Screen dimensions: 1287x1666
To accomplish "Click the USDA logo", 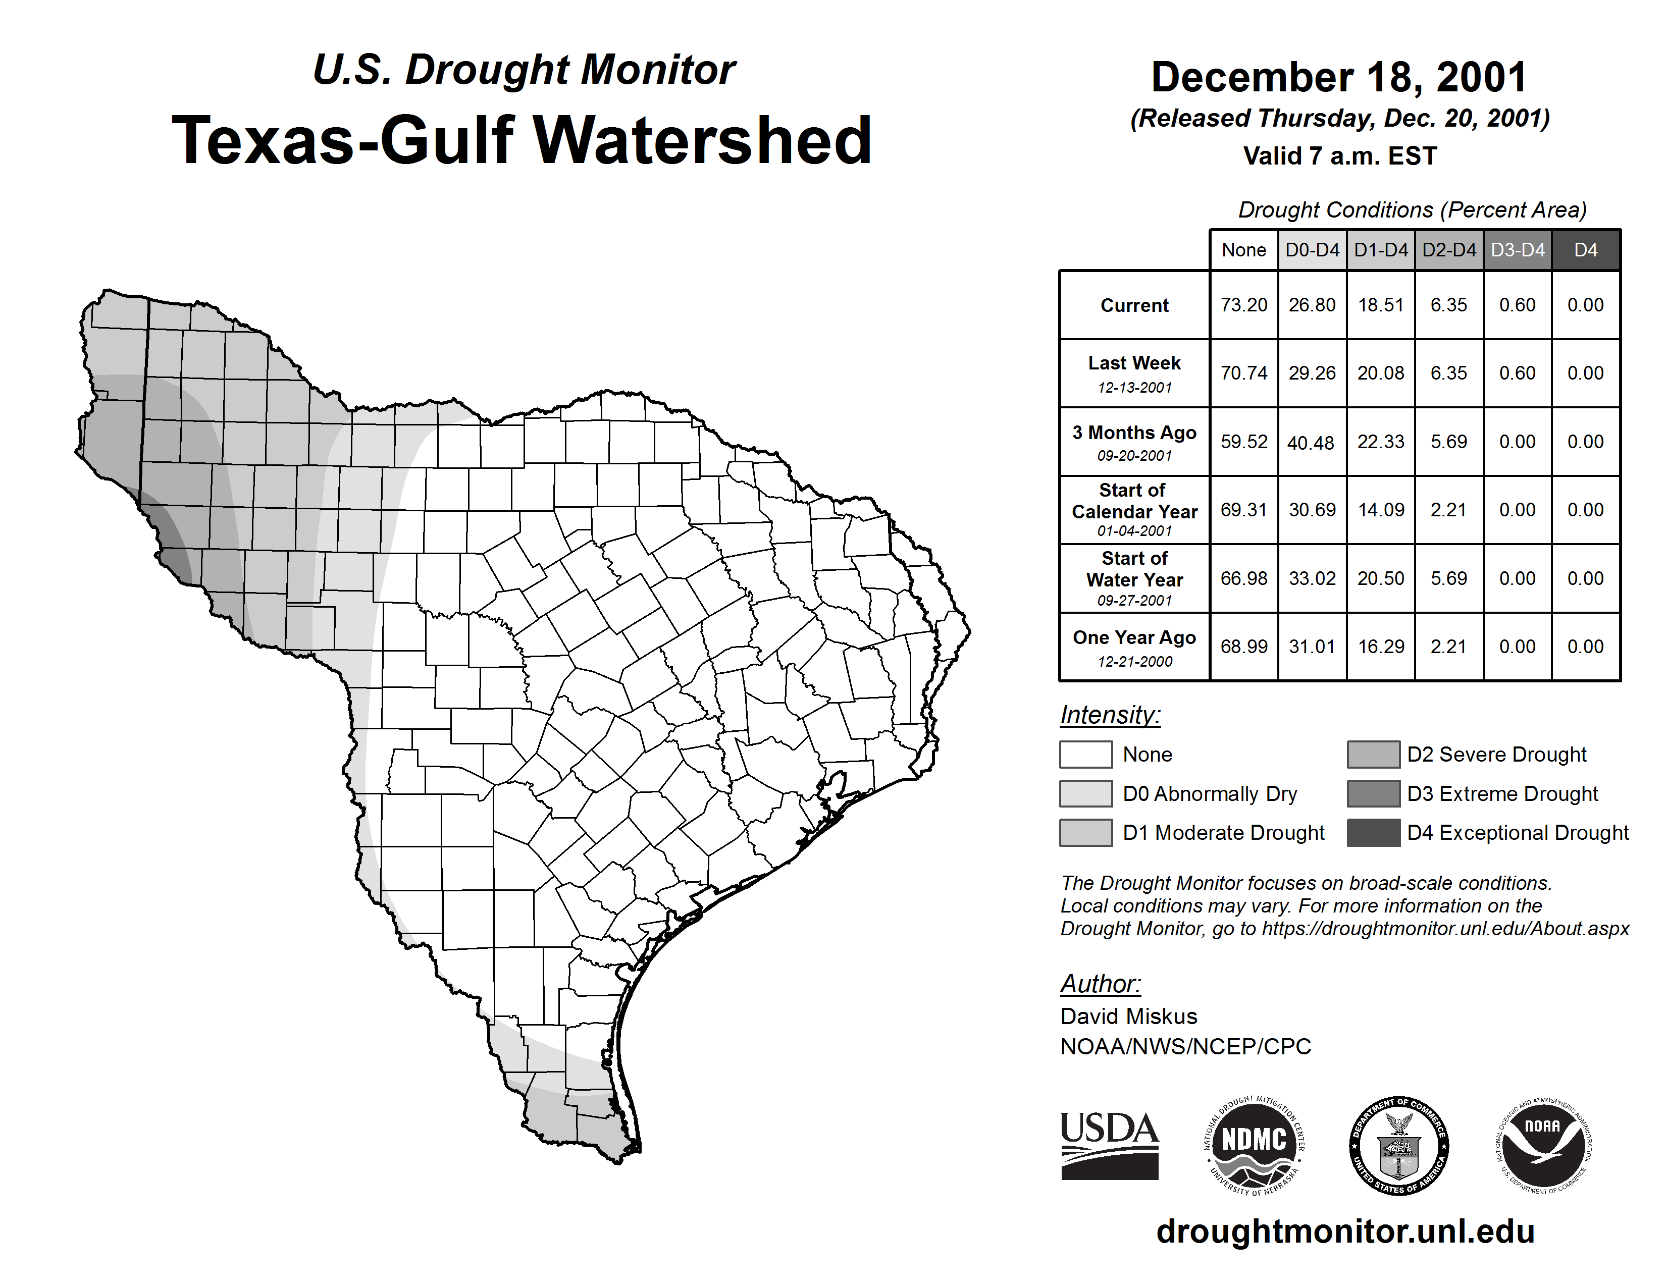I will [x=1109, y=1145].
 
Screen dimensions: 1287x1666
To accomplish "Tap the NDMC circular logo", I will [x=1254, y=1145].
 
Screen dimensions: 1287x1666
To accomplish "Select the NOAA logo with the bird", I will [x=1542, y=1145].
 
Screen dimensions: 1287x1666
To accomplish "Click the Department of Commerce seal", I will [x=1398, y=1145].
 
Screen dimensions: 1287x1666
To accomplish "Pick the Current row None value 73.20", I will [x=1243, y=305].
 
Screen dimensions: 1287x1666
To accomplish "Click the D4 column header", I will [x=1585, y=250].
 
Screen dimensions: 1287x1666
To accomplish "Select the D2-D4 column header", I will [x=1448, y=250].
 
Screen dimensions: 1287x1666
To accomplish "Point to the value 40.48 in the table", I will [x=1311, y=442].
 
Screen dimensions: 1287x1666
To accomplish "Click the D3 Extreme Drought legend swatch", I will [x=1373, y=793].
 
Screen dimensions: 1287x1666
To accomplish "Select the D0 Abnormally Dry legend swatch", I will [x=1085, y=793].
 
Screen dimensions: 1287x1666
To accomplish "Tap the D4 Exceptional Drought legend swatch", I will [x=1373, y=833].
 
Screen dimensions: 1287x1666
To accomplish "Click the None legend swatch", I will [x=1085, y=754].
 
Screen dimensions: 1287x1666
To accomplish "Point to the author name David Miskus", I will [x=1128, y=1016].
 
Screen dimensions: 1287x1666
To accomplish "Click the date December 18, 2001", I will [x=1339, y=78].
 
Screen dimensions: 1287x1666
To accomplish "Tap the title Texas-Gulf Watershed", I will [x=522, y=140].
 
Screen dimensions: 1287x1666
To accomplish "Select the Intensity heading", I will [x=1109, y=715].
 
